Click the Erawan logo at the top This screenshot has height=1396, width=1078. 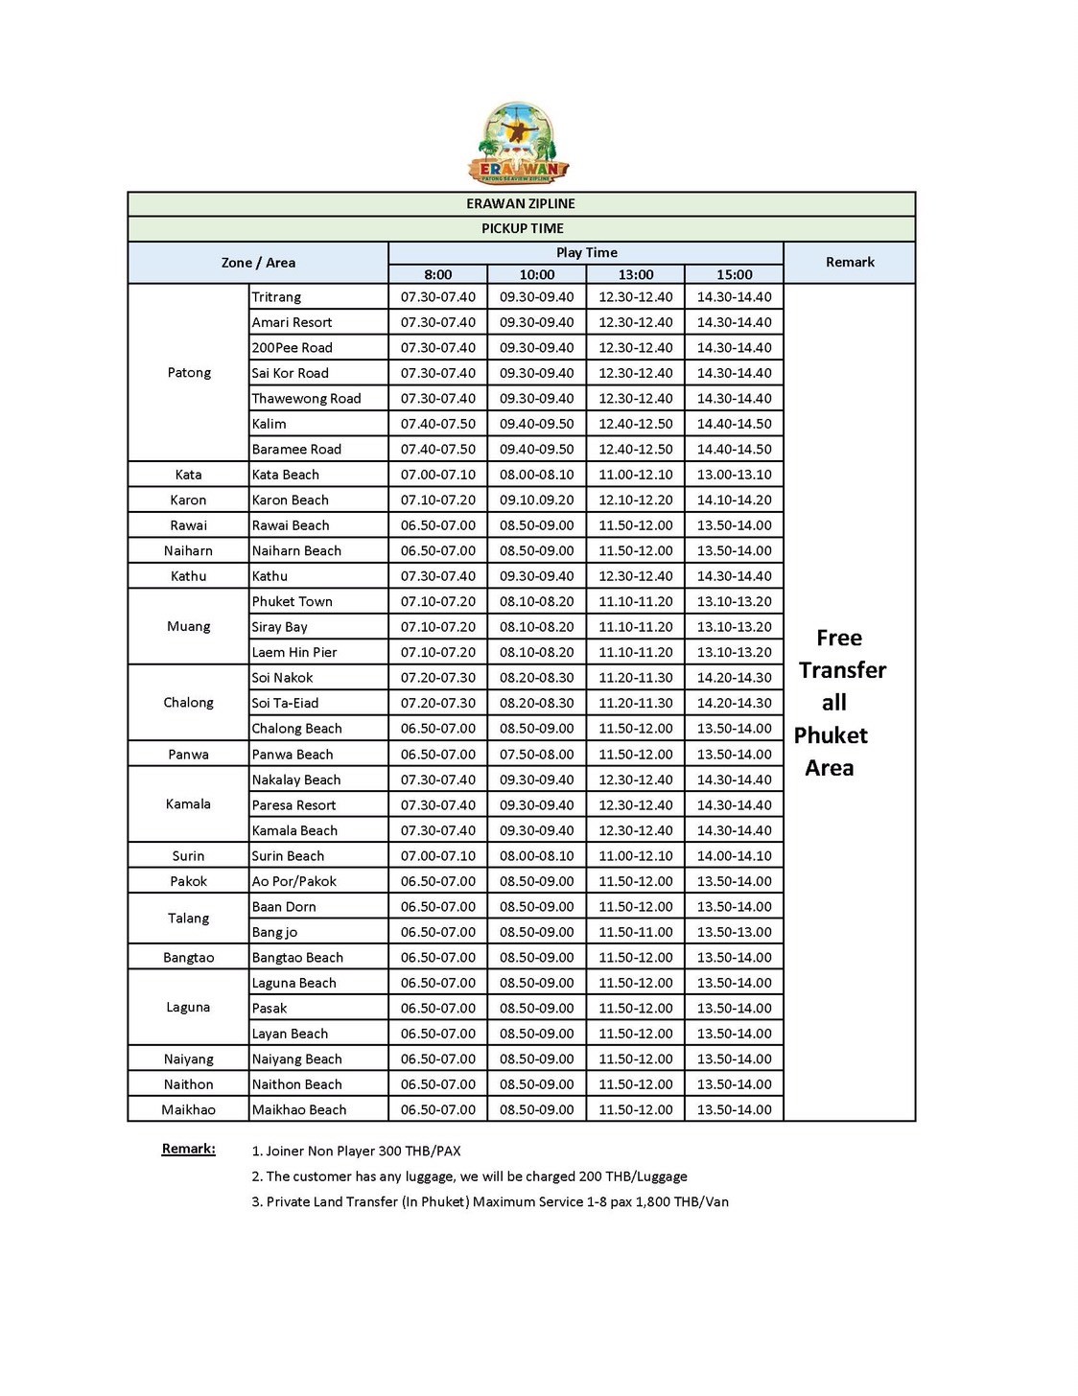pyautogui.click(x=519, y=143)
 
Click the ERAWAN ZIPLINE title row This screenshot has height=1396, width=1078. pyautogui.click(x=521, y=203)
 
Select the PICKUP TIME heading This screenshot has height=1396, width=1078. pyautogui.click(x=522, y=228)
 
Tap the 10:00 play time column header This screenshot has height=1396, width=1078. pyautogui.click(x=536, y=274)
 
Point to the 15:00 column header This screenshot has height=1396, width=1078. pyautogui.click(x=734, y=274)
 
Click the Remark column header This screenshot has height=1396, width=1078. pyautogui.click(x=850, y=262)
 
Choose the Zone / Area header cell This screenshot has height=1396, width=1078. pyautogui.click(x=258, y=263)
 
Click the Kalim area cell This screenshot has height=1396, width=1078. pyautogui.click(x=269, y=424)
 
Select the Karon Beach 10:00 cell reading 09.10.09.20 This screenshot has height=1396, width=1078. pyautogui.click(x=536, y=500)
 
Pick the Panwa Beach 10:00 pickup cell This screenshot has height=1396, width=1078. pyautogui.click(x=536, y=755)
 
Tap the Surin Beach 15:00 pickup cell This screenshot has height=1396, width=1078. pyautogui.click(x=734, y=856)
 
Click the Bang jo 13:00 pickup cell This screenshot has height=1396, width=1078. pyautogui.click(x=635, y=932)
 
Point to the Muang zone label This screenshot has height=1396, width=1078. pyautogui.click(x=188, y=626)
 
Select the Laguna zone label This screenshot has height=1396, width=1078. pyautogui.click(x=188, y=1007)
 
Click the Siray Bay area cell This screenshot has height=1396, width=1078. pyautogui.click(x=280, y=627)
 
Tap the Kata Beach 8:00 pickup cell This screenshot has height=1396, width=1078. pyautogui.click(x=437, y=475)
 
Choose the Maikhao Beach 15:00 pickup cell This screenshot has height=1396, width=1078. pyautogui.click(x=734, y=1109)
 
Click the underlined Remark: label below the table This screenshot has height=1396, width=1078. pyautogui.click(x=189, y=1149)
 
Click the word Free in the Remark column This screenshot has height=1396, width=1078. pyautogui.click(x=839, y=638)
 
